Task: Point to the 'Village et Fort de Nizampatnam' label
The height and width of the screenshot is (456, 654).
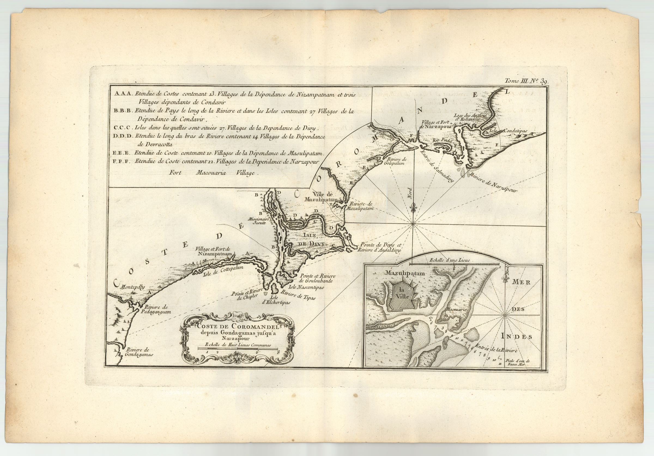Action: tap(217, 251)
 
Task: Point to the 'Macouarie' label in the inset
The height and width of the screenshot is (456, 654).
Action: tap(454, 309)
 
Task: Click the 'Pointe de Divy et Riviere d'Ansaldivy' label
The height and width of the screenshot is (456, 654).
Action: tap(380, 247)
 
